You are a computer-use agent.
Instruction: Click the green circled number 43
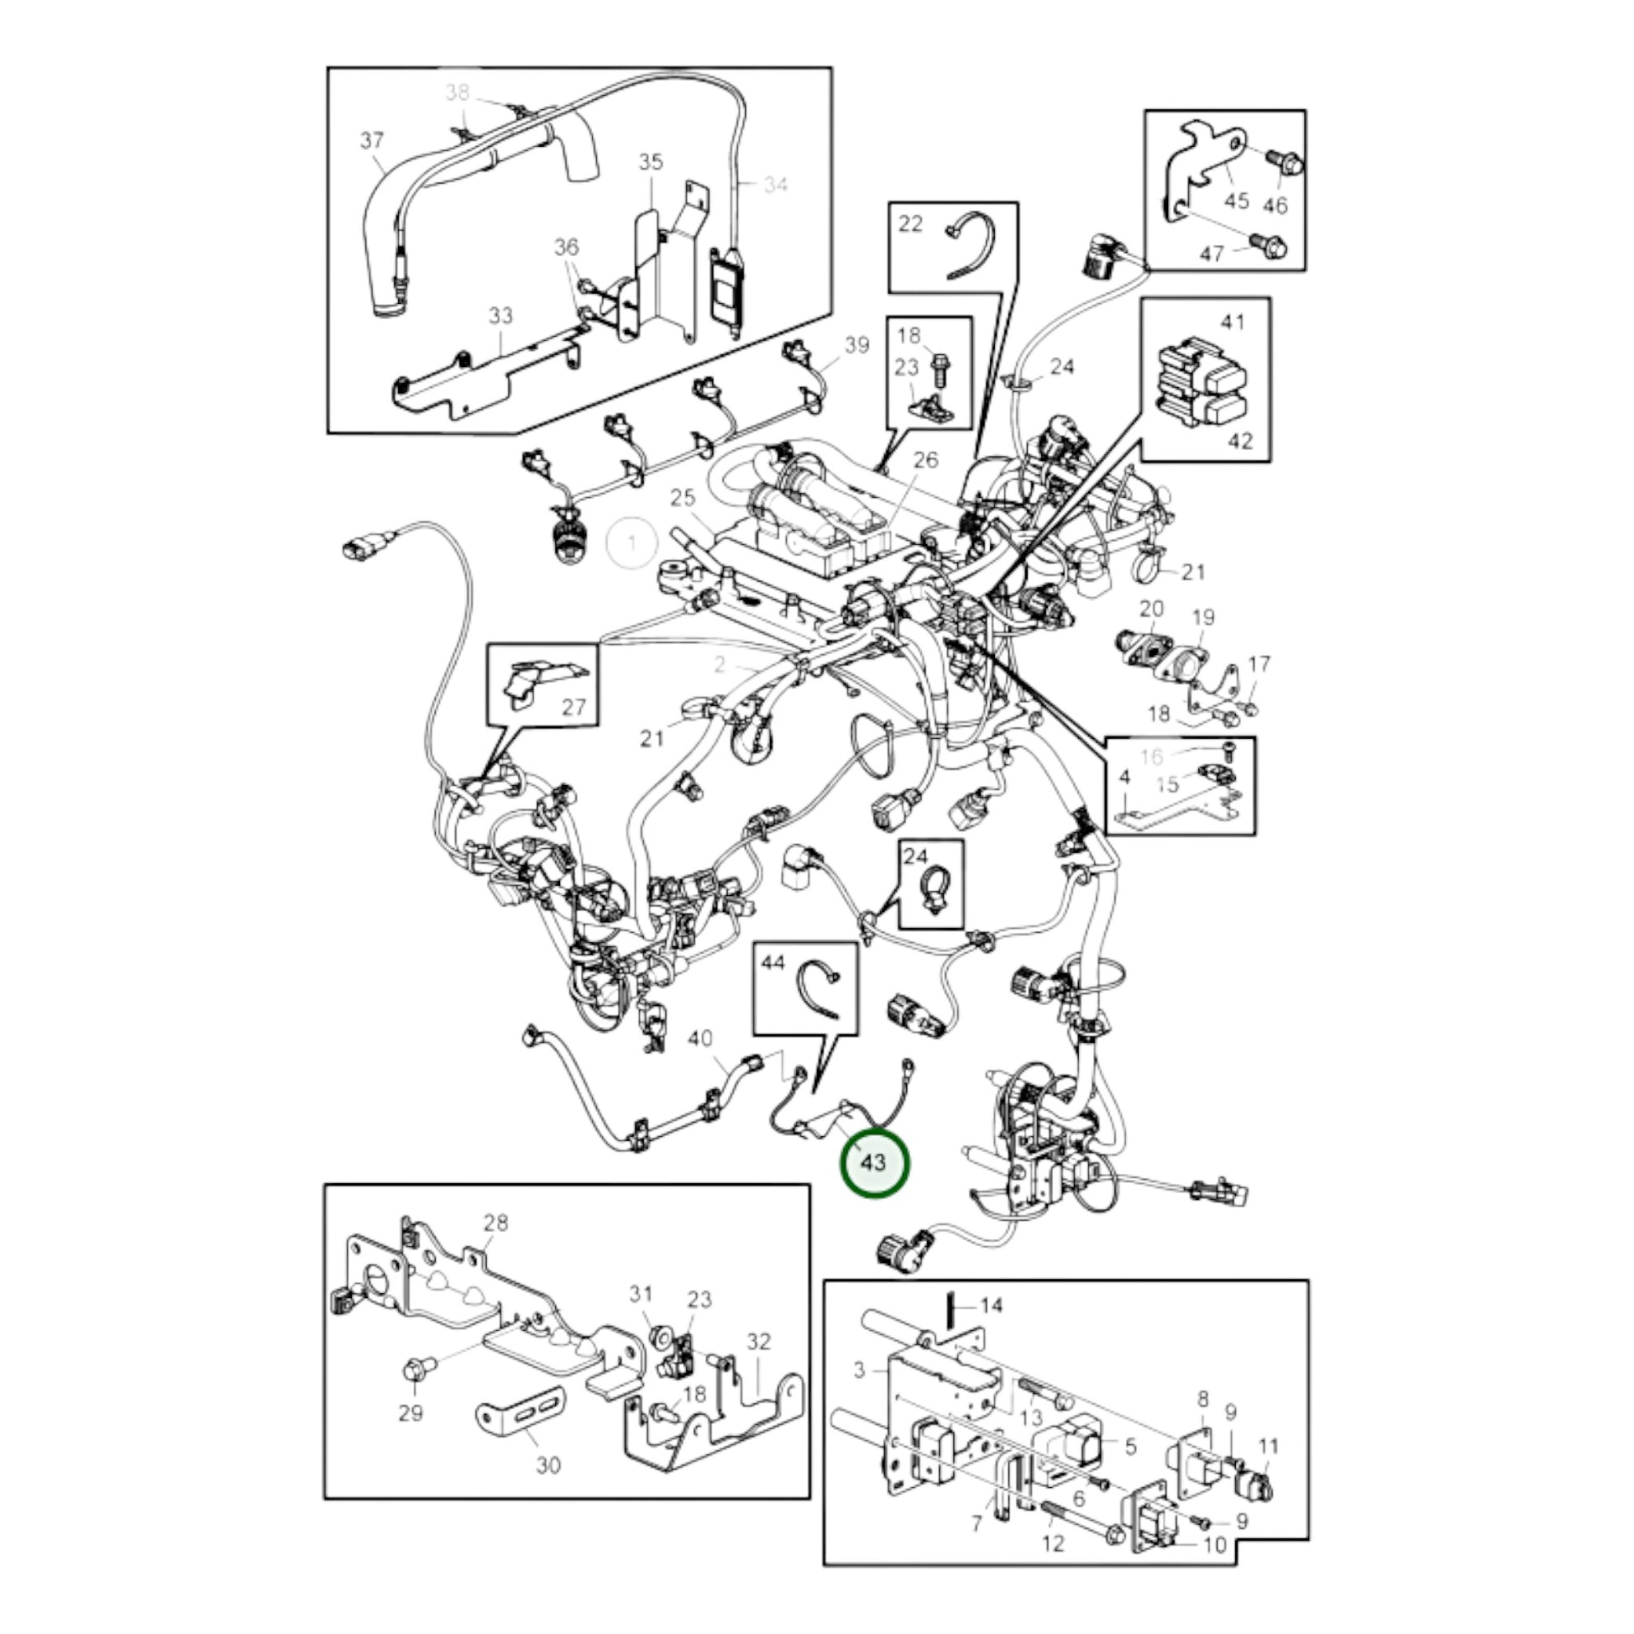pyautogui.click(x=872, y=1162)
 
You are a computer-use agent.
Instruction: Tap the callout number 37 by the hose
pyautogui.click(x=372, y=140)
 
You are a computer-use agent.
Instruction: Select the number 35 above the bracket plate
pyautogui.click(x=651, y=161)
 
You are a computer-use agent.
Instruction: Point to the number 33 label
pyautogui.click(x=500, y=316)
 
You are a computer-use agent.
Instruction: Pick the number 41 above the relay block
pyautogui.click(x=1233, y=322)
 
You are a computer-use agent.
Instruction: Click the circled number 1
pyautogui.click(x=632, y=542)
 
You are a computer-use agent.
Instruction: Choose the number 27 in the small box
pyautogui.click(x=574, y=706)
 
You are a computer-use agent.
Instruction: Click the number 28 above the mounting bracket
pyautogui.click(x=496, y=1222)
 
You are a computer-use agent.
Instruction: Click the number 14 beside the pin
pyautogui.click(x=990, y=1305)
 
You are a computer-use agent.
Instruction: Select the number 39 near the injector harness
pyautogui.click(x=856, y=345)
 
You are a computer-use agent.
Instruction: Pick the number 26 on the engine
pyautogui.click(x=926, y=460)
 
